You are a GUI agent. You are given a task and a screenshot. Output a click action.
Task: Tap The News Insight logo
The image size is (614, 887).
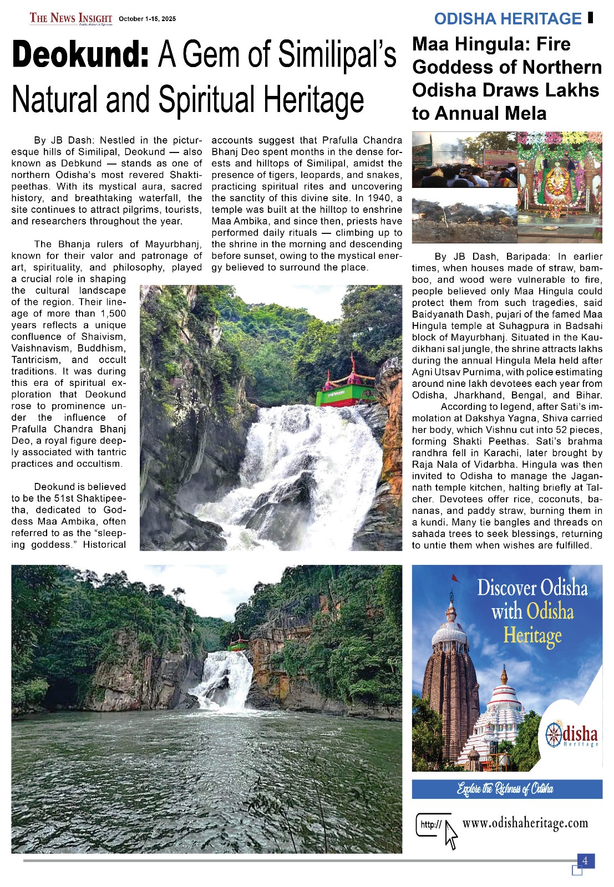point(70,18)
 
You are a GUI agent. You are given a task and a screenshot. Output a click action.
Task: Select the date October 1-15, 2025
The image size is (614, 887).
point(147,19)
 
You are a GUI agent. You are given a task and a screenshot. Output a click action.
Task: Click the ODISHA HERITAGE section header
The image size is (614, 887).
point(508,19)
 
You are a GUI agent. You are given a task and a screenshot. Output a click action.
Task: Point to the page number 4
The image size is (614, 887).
point(585,861)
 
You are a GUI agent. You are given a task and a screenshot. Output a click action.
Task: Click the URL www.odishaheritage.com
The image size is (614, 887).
point(525,823)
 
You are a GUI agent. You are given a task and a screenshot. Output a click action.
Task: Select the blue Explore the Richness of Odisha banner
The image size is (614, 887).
point(506,789)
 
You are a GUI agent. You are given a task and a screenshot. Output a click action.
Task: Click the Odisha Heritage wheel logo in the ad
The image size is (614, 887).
point(554,735)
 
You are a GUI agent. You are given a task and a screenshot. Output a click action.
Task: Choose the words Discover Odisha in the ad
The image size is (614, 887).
point(532,588)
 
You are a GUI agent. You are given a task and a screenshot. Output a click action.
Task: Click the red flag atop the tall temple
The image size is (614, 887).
point(455,578)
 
